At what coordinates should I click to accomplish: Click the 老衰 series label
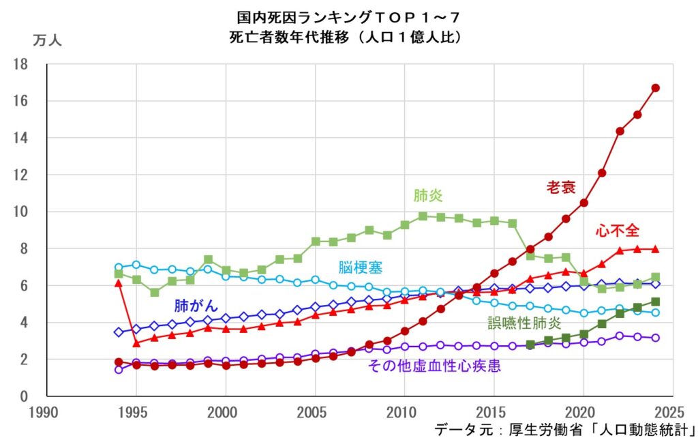point(560,187)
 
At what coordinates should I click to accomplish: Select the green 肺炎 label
point(427,196)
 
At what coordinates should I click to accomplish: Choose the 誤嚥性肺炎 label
point(524,323)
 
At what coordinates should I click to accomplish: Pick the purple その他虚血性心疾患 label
point(434,366)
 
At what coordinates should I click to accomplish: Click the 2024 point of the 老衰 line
point(655,88)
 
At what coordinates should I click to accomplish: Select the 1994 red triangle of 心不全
point(119,282)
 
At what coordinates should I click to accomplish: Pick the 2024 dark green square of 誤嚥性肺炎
point(655,302)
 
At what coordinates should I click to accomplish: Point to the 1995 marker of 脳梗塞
point(136,265)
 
